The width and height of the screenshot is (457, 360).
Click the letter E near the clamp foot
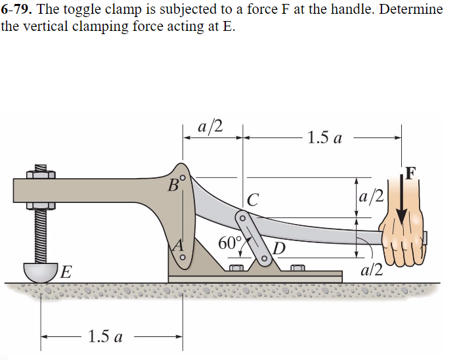coord(66,271)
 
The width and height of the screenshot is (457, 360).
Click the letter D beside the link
coord(279,248)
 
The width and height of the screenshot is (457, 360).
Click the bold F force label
coord(410,173)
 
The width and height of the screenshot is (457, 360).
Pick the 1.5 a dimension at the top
coord(324,139)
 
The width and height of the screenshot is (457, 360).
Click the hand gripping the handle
coord(402,240)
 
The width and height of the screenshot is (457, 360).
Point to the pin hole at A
coord(183,257)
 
